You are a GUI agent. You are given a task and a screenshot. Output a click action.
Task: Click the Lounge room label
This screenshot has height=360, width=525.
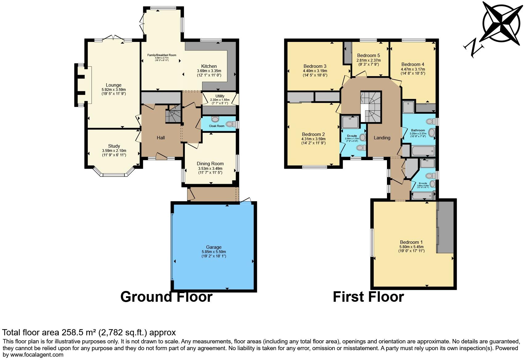pos(114,85)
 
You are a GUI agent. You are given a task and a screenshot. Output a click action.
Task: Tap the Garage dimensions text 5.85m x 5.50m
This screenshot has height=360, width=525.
pos(214,252)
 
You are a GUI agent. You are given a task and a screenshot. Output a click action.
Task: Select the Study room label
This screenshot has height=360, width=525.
pos(114,146)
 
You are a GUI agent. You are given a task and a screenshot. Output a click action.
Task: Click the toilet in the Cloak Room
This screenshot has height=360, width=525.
pos(230,124)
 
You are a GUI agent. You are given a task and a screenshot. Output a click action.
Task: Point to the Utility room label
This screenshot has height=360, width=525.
pos(220,96)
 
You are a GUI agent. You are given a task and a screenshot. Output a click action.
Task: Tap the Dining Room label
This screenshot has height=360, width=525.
pos(210,164)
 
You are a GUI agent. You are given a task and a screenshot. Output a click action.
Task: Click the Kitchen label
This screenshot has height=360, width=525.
pos(209,66)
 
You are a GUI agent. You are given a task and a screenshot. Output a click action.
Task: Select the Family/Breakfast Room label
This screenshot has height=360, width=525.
pos(162,55)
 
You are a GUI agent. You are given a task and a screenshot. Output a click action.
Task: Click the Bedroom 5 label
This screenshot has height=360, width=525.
pos(368,55)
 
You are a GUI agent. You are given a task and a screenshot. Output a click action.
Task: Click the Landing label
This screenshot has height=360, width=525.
pos(382,138)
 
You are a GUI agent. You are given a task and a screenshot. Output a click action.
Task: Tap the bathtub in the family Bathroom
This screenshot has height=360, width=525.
pos(423,151)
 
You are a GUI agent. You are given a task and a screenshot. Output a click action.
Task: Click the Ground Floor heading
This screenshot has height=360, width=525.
pos(166,297)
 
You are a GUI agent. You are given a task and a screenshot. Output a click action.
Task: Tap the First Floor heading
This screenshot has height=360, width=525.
pos(368,297)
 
